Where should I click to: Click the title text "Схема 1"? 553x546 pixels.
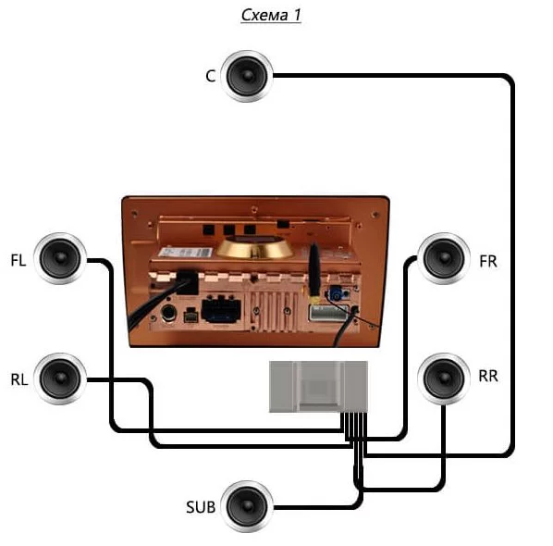click(271, 15)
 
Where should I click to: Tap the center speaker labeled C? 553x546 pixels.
click(247, 76)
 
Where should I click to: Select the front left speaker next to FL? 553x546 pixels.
click(60, 258)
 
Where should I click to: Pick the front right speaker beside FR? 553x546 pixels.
click(444, 258)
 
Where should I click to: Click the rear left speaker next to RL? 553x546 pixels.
click(60, 378)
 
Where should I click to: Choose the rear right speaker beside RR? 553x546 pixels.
click(444, 378)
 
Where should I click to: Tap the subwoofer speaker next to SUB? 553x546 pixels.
click(247, 506)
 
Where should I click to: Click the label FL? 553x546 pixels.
click(18, 260)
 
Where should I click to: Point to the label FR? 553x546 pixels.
click(488, 262)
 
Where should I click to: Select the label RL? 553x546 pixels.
click(19, 379)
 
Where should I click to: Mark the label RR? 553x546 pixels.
click(488, 377)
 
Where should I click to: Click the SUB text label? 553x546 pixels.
click(201, 507)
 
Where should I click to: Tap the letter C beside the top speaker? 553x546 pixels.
click(211, 76)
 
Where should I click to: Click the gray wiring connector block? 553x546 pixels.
click(318, 387)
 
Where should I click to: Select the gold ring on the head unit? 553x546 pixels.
click(254, 247)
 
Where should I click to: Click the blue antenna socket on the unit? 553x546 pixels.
click(336, 294)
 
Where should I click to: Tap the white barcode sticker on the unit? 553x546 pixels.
click(186, 253)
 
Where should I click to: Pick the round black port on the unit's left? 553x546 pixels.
click(168, 313)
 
